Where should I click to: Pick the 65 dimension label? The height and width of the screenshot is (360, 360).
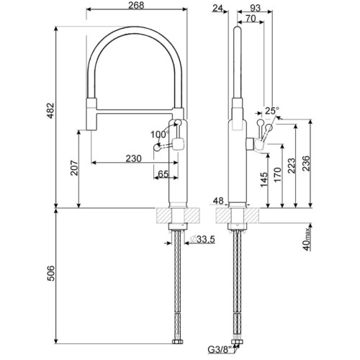(164, 174)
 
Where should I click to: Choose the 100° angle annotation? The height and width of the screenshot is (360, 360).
(158, 135)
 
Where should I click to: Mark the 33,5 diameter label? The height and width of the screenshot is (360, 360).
(205, 240)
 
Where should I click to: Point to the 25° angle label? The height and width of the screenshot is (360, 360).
(271, 111)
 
